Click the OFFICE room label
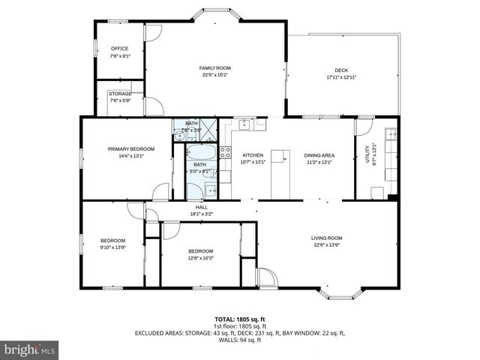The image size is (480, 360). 119,49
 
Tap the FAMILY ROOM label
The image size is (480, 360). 214,68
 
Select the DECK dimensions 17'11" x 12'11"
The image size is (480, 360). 341,77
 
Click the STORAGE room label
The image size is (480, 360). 120,94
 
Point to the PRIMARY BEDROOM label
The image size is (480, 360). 125,149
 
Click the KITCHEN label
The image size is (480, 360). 253,155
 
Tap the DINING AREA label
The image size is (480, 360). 319,155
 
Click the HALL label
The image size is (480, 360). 201,207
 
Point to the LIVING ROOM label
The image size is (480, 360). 327,238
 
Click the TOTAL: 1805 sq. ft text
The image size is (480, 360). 239,319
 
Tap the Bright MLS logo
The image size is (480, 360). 30,349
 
